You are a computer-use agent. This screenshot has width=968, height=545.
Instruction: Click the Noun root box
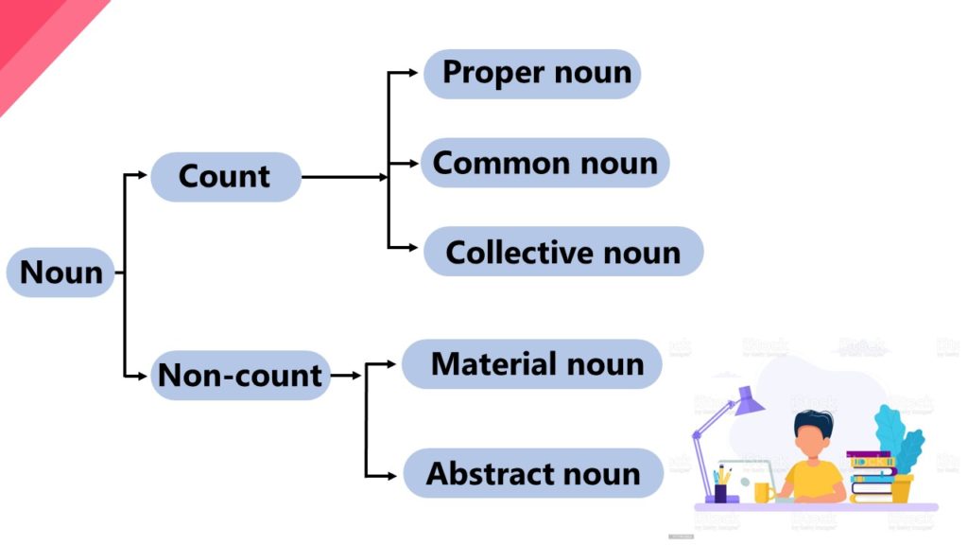tap(60, 272)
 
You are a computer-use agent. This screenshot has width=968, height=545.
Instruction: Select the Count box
tap(225, 177)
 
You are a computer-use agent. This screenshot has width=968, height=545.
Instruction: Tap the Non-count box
tap(240, 375)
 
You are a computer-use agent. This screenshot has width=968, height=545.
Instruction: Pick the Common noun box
tap(544, 163)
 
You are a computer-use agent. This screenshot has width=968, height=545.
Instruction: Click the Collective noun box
tap(563, 252)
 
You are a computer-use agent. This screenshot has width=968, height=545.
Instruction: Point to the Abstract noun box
tap(533, 473)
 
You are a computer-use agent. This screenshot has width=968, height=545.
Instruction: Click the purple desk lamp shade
tap(748, 400)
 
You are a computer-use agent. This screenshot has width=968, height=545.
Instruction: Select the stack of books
tap(871, 478)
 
